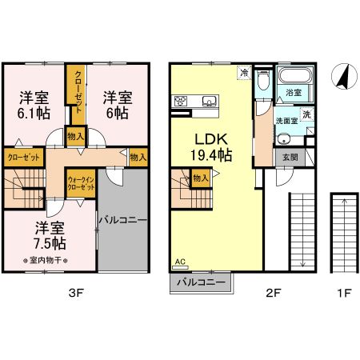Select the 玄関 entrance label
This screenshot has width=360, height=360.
coord(289,157)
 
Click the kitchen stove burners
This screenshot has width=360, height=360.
coord(181,101)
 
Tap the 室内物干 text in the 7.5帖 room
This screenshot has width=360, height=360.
coord(50,261)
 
